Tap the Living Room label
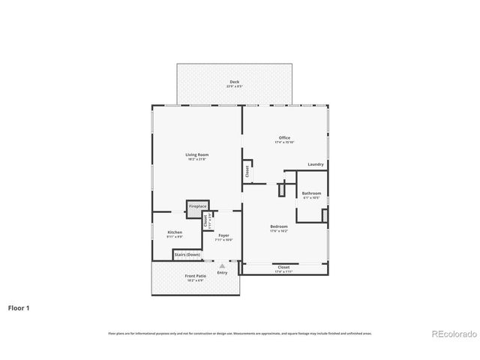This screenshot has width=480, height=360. (x=196, y=154)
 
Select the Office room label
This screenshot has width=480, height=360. (x=284, y=137)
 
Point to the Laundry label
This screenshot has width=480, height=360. (x=316, y=164)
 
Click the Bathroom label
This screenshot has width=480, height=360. (x=311, y=193)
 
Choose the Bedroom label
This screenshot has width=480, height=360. (x=279, y=226)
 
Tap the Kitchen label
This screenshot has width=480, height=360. (x=175, y=232)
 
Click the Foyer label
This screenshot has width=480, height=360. (x=223, y=235)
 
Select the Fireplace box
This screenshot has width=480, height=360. (x=197, y=205)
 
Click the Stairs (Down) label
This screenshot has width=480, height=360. (x=187, y=255)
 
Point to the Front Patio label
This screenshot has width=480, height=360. (x=196, y=276)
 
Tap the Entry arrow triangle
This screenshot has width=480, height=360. (x=222, y=265)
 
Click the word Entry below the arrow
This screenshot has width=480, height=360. (x=222, y=272)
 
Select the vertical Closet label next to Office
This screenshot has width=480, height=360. (x=247, y=172)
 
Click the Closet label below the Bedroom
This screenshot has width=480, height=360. (x=283, y=267)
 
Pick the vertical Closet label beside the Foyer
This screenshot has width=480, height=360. (x=205, y=222)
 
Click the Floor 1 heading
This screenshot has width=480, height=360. (x=20, y=307)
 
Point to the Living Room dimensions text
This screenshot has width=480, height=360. (x=196, y=159)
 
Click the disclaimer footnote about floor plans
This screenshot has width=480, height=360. (x=239, y=333)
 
